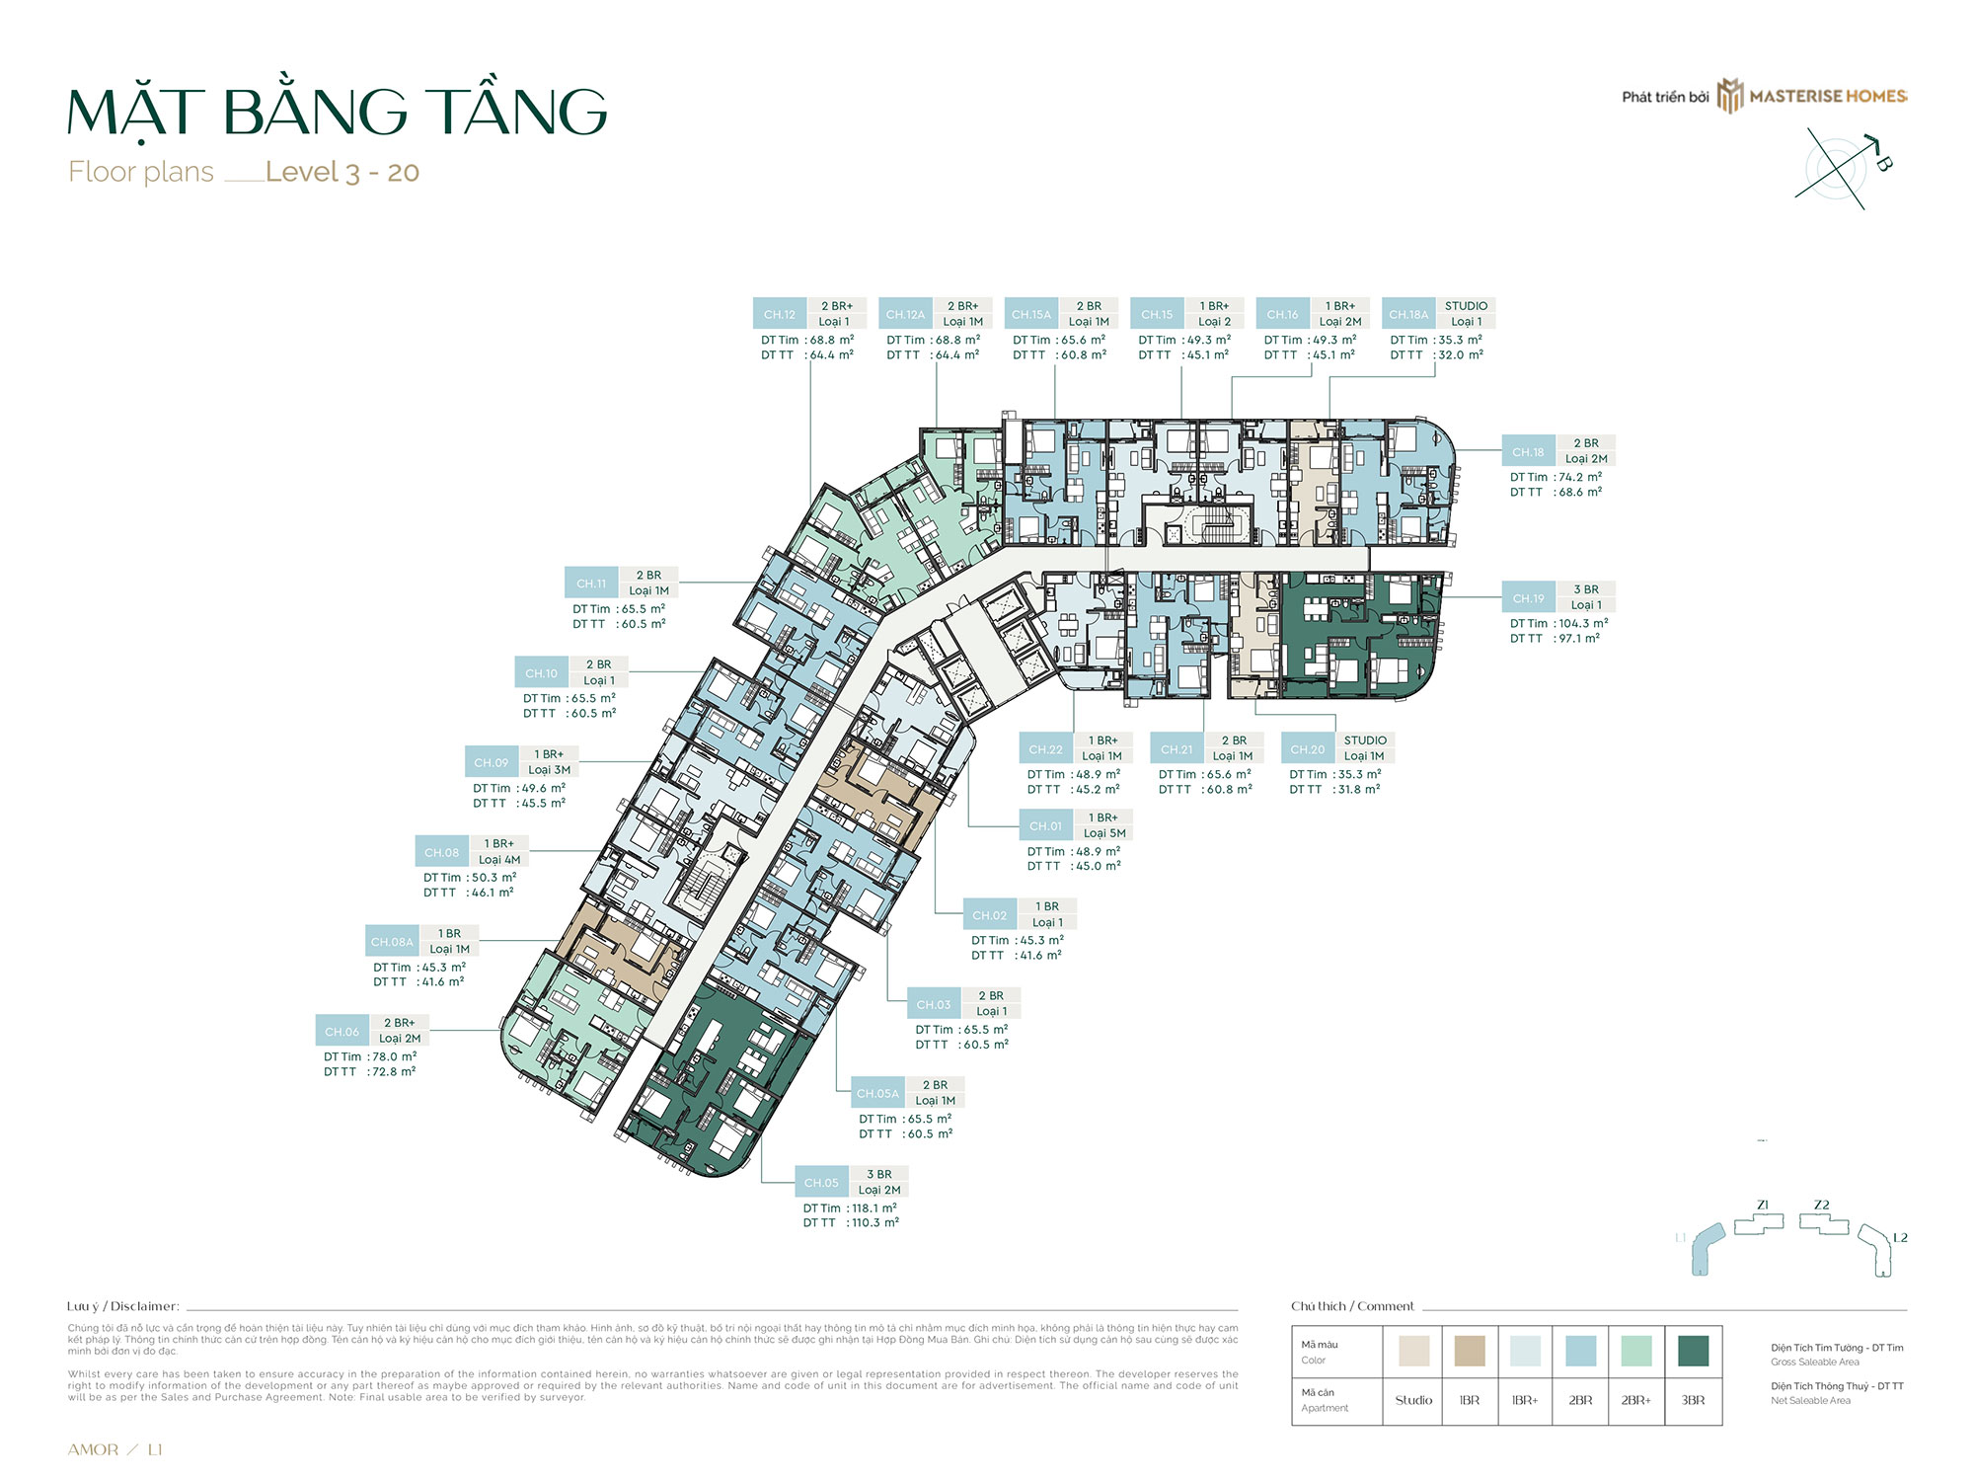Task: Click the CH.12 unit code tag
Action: point(779,314)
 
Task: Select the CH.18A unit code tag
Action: point(1408,314)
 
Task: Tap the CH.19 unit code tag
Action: point(1528,598)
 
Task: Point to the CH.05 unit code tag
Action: point(821,1182)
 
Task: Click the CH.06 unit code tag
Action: point(342,1031)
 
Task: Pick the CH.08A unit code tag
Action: point(392,942)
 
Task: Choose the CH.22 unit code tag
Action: point(1045,749)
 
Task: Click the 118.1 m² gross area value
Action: point(874,1208)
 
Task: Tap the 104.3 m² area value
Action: point(1583,623)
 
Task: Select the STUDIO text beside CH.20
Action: point(1365,740)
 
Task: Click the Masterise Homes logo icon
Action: point(1729,96)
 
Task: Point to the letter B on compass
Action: point(1883,163)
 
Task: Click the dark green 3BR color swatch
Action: point(1693,1351)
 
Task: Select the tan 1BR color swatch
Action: point(1470,1351)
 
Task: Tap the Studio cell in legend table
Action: point(1413,1400)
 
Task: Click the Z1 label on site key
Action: point(1763,1205)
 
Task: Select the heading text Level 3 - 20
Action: point(342,172)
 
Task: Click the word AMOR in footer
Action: point(93,1449)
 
